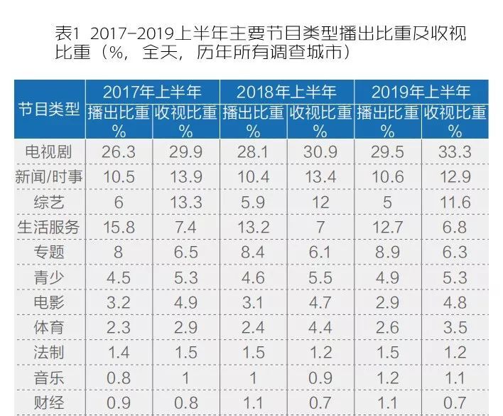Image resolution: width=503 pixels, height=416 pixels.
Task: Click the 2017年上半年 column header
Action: coord(152,92)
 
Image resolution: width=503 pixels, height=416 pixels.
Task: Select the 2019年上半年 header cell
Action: coord(421,92)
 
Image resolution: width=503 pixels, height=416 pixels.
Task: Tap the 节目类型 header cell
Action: coord(49,110)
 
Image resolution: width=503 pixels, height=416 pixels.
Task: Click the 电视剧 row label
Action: coord(49,151)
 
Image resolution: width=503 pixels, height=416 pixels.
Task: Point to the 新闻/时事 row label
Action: coord(49,176)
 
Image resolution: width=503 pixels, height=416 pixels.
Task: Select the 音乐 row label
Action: coord(49,378)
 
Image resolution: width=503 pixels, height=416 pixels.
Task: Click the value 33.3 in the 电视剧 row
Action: coord(455,151)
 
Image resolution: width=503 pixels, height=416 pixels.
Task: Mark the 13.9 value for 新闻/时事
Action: coord(185,176)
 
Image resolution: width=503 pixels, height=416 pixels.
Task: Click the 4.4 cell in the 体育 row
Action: coord(320,327)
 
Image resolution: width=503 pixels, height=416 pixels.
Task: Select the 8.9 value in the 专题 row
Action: coord(386,252)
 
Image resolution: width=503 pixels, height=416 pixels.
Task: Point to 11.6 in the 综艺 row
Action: coord(455,202)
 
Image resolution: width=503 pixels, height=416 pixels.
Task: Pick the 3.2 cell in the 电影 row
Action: coord(119,302)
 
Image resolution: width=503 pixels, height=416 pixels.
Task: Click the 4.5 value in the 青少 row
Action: coord(119,277)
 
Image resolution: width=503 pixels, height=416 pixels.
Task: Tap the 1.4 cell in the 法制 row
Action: coord(119,353)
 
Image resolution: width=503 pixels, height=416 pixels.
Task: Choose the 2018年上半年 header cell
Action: coord(286,92)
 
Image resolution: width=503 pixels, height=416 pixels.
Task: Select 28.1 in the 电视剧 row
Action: coord(253,151)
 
